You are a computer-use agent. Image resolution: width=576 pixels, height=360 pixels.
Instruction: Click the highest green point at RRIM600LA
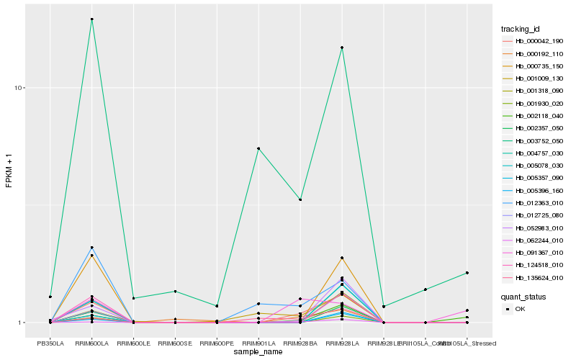tap(91, 19)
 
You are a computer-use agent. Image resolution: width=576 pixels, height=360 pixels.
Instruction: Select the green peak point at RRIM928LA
tap(342, 48)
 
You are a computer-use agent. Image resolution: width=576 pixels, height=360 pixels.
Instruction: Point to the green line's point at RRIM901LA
tap(258, 148)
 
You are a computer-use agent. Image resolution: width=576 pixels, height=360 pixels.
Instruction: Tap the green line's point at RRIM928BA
tap(300, 199)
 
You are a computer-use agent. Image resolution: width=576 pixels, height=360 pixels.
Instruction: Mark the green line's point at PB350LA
tap(50, 297)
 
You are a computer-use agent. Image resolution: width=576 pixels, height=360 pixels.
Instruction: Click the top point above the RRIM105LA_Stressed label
tap(467, 273)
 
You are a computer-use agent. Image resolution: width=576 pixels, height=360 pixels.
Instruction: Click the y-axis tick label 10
tap(20, 88)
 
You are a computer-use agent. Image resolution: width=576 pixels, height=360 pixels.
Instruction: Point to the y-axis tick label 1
tap(22, 323)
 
